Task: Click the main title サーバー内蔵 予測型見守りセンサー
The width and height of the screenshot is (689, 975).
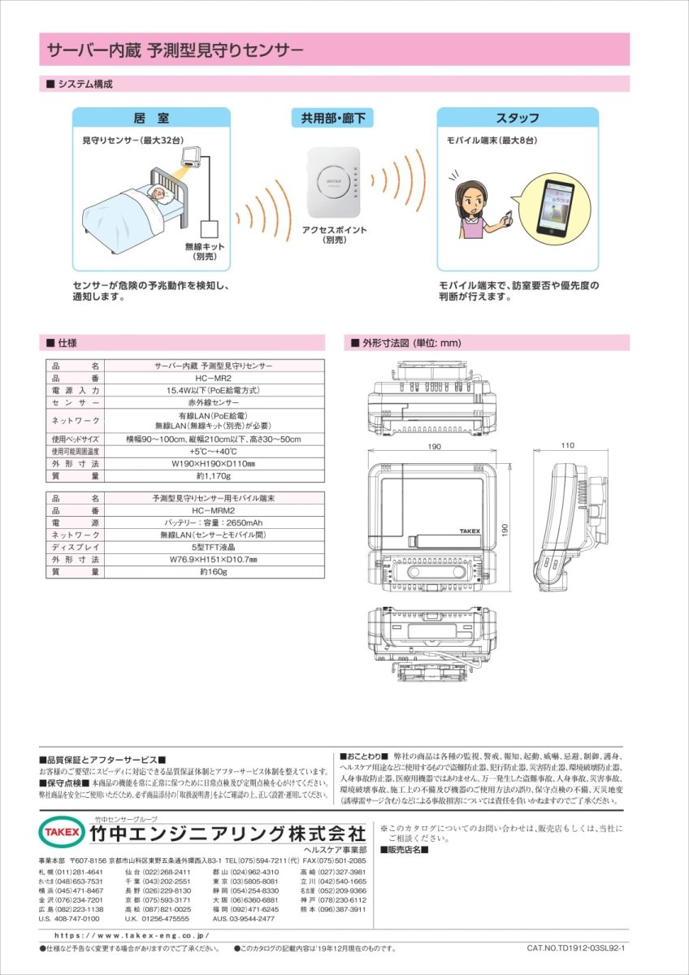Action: (175, 50)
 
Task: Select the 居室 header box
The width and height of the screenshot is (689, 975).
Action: (152, 118)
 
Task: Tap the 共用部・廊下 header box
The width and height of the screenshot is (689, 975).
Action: (333, 118)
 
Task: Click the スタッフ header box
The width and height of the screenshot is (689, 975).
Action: (518, 118)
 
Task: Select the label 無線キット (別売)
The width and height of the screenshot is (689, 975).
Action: (204, 251)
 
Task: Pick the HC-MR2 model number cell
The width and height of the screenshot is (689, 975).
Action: (213, 378)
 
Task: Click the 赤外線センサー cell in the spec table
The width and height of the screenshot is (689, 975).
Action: (213, 402)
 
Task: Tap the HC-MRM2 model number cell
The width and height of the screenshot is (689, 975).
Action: (213, 511)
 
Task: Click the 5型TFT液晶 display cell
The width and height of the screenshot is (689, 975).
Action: (213, 548)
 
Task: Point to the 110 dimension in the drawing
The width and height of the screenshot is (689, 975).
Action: (567, 445)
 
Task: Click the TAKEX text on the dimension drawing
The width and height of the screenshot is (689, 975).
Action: (470, 530)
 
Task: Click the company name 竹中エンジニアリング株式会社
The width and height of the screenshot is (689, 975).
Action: (227, 834)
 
